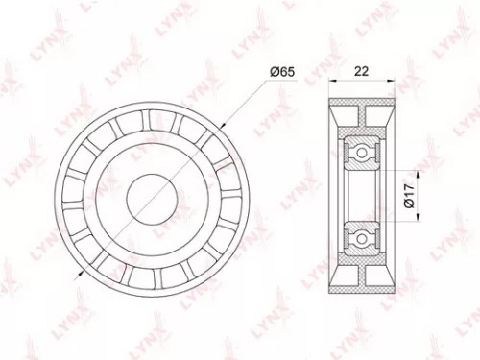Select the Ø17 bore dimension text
407,197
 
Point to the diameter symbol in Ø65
274,71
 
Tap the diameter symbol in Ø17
407,204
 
